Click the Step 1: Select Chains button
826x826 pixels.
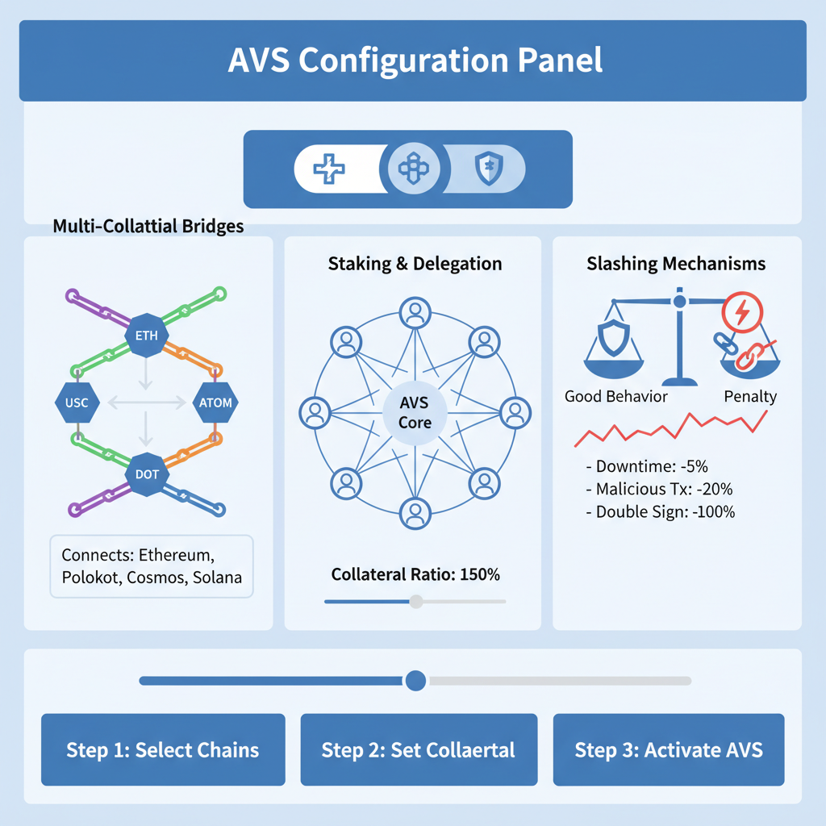point(163,749)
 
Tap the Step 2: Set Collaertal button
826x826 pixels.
point(419,749)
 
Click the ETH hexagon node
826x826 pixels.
point(148,336)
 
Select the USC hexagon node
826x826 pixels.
point(77,402)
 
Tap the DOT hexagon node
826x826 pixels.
point(147,473)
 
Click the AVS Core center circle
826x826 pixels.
point(415,411)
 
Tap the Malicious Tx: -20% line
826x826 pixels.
point(659,489)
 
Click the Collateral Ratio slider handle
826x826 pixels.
point(416,601)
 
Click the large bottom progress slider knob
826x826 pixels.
point(415,680)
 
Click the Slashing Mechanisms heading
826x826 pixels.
point(676,264)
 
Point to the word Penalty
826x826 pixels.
point(750,396)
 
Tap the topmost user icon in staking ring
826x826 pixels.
point(415,313)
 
